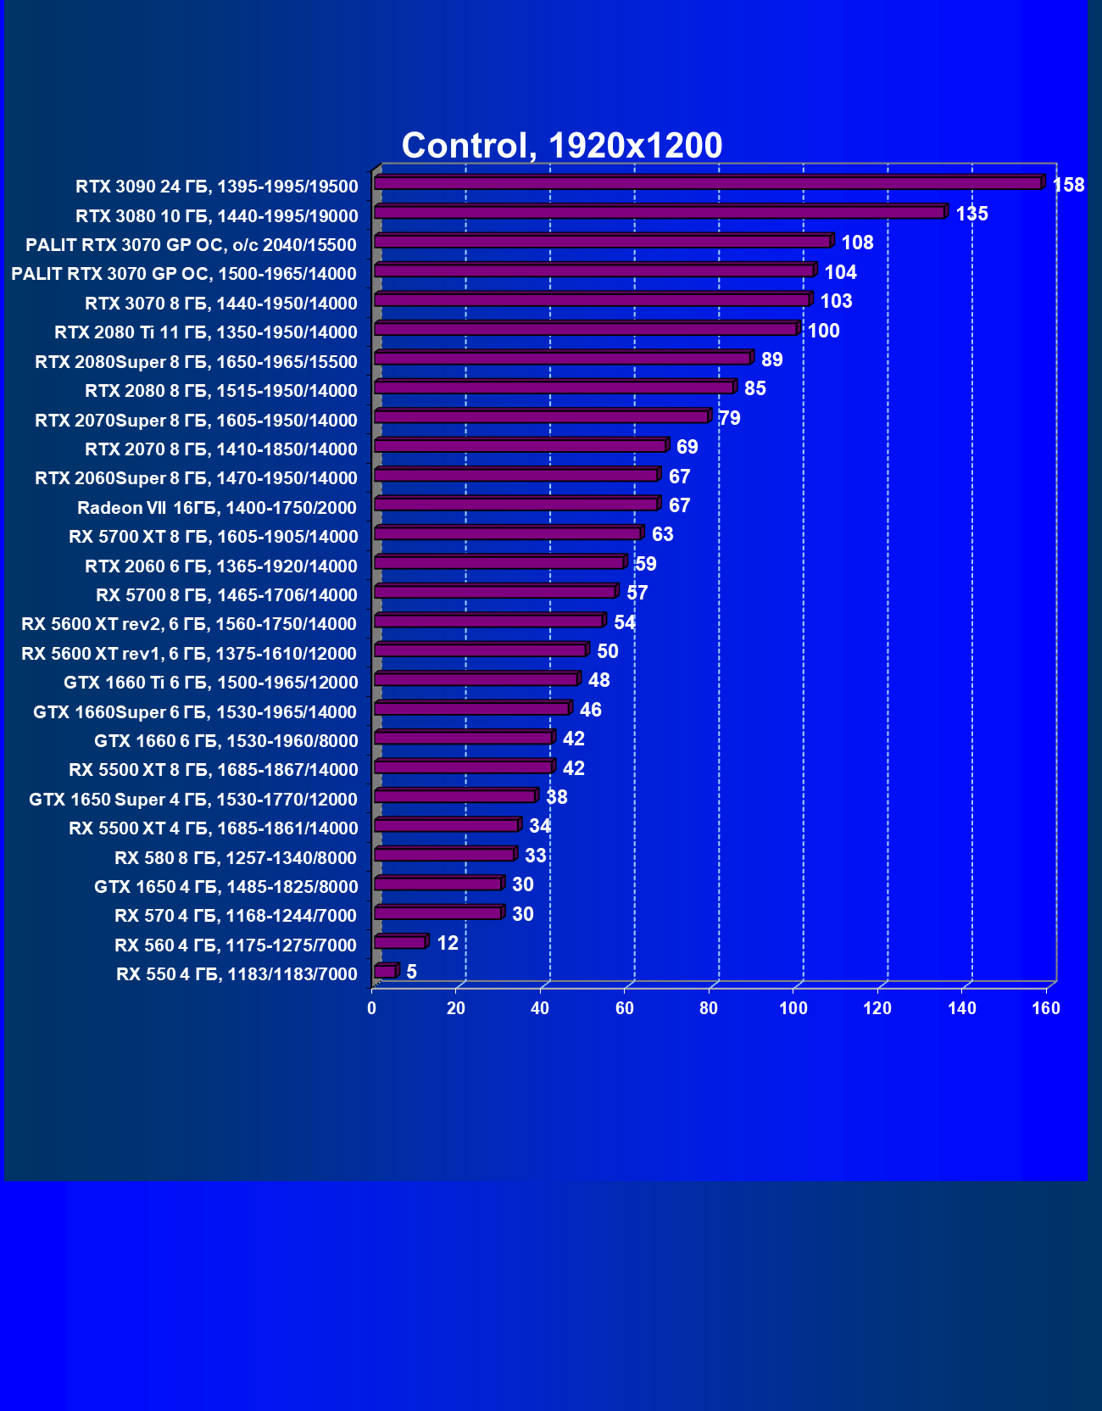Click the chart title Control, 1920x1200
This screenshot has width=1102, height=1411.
click(x=561, y=146)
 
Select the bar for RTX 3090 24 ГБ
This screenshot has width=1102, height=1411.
click(x=708, y=183)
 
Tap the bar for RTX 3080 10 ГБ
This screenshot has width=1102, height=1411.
click(x=660, y=212)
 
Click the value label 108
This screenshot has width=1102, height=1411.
click(x=857, y=243)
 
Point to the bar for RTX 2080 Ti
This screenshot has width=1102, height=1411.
click(x=585, y=329)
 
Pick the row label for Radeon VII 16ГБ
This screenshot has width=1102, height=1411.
click(x=217, y=508)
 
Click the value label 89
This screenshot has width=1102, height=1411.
click(x=771, y=360)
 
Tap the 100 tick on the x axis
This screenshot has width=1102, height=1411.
click(x=793, y=1008)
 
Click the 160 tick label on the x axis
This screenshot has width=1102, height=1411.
click(x=1046, y=1008)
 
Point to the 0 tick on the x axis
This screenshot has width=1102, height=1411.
click(x=371, y=1008)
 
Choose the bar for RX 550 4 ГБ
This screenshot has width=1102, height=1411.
click(x=385, y=971)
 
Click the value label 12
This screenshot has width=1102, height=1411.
click(x=448, y=943)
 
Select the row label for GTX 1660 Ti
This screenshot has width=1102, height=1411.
click(x=211, y=683)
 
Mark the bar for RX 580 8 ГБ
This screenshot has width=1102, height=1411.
click(x=444, y=855)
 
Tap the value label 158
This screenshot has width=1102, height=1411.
click(x=1068, y=185)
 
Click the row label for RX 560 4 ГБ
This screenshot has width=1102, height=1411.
click(x=236, y=945)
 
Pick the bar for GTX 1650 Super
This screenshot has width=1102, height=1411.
click(x=454, y=796)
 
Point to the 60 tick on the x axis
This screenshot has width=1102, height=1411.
click(x=625, y=1008)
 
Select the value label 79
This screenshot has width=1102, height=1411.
click(x=729, y=418)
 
